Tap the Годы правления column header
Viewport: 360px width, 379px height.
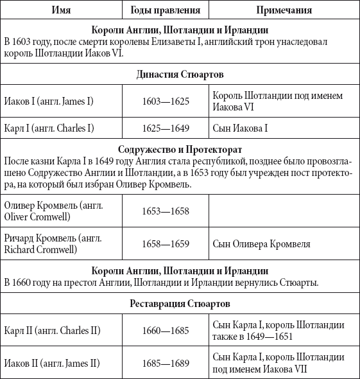tap(165, 11)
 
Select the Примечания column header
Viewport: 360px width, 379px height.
tap(284, 11)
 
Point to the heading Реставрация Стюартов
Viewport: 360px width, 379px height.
tap(180, 303)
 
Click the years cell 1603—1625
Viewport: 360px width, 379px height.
tap(166, 101)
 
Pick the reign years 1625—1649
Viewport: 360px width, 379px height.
tap(166, 127)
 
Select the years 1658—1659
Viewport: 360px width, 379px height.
tap(166, 243)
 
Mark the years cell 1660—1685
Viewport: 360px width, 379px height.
tap(166, 331)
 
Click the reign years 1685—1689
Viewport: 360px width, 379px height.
tap(166, 363)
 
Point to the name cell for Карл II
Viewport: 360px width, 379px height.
tap(52, 331)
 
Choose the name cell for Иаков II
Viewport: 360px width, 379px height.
tap(52, 363)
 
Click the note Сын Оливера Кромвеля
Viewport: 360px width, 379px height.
tap(262, 243)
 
